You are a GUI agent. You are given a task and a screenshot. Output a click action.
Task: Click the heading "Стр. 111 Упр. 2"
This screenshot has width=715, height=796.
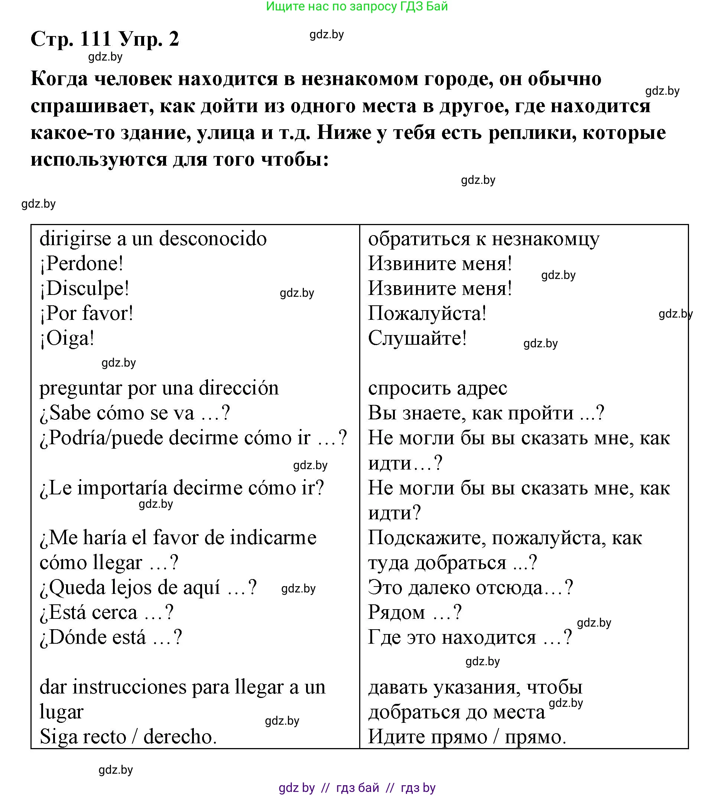(x=104, y=39)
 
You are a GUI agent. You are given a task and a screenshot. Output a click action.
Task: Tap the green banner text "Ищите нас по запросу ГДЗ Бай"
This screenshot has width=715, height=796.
(x=357, y=6)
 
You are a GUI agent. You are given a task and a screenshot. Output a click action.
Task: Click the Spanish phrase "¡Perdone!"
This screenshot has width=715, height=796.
(x=82, y=264)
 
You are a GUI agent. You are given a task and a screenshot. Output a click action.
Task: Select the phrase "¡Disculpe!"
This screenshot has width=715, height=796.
(x=84, y=288)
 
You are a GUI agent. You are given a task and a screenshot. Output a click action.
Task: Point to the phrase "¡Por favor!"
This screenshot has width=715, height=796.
(x=87, y=313)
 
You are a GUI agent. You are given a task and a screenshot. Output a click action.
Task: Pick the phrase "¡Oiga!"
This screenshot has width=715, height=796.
(x=67, y=338)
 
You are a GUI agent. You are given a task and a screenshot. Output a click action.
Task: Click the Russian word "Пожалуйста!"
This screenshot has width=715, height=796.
(x=427, y=313)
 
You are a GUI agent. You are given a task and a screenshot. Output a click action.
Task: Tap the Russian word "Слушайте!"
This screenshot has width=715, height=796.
(x=417, y=338)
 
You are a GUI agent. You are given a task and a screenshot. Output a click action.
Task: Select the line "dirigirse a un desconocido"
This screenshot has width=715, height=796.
(x=153, y=239)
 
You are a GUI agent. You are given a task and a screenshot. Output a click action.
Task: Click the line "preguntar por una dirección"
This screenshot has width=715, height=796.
(x=159, y=388)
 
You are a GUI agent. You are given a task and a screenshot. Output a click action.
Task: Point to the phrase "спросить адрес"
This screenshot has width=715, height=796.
(x=438, y=388)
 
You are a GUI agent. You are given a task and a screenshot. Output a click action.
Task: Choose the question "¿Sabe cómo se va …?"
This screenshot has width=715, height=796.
(x=135, y=413)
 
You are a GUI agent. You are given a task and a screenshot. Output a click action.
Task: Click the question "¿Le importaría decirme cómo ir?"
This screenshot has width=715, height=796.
(x=182, y=488)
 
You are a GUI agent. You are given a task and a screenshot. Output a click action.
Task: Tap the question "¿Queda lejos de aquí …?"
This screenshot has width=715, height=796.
(x=148, y=587)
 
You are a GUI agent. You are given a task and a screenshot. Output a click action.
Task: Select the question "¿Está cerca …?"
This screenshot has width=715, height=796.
(x=107, y=612)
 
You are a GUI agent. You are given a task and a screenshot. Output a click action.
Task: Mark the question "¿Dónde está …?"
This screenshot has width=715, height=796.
(x=111, y=637)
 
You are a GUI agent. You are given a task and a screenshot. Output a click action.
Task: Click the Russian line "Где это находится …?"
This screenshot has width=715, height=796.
(x=470, y=637)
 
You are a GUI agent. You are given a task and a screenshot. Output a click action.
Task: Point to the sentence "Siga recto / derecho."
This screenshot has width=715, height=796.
(x=128, y=737)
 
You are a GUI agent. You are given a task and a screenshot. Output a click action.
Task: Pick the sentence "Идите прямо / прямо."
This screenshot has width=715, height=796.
(x=467, y=737)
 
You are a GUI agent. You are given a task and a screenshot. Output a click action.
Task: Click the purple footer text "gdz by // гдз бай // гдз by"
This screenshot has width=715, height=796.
(x=357, y=787)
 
